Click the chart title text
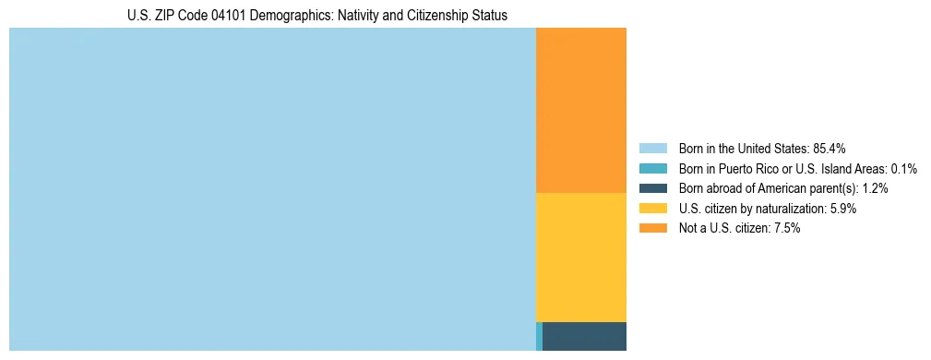coord(316,16)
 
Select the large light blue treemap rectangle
coord(272,189)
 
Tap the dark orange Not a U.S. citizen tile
coord(580,110)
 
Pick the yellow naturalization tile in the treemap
coord(580,257)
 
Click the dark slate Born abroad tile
coord(584,336)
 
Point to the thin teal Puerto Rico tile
coord(539,336)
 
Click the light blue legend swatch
coord(652,148)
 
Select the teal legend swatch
coord(652,168)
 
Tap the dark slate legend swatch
coord(652,188)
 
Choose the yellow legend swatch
coord(652,209)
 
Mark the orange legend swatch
coord(652,228)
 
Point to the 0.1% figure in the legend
coord(901,168)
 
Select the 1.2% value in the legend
coord(873,188)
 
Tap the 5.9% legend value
coord(841,209)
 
